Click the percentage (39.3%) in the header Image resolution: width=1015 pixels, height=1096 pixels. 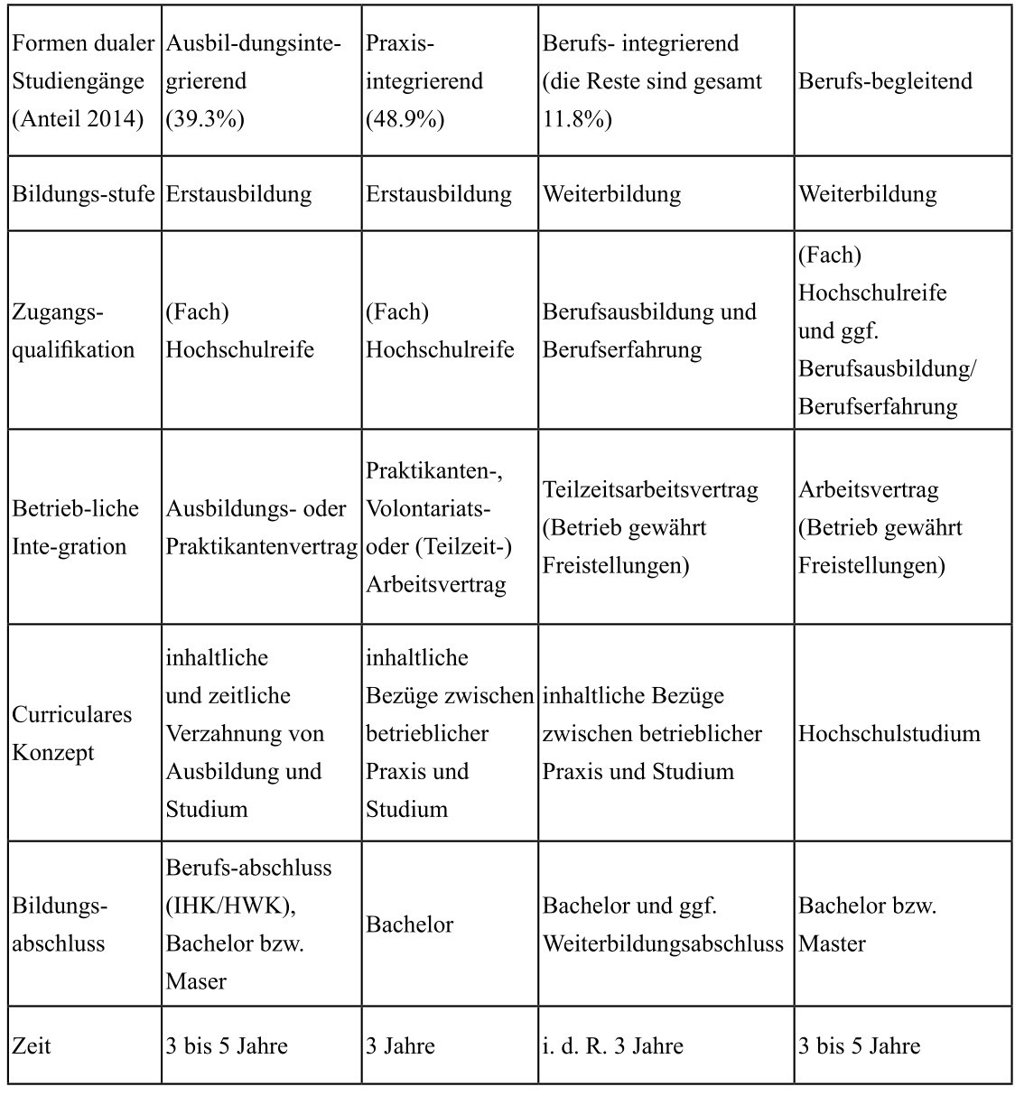205,119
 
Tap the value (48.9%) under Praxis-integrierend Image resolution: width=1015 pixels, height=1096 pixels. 405,119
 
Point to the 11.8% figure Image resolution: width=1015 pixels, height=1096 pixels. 577,119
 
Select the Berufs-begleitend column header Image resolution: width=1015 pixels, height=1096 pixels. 885,81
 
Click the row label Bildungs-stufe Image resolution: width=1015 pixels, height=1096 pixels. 83,194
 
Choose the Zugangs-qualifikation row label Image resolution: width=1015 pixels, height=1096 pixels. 73,331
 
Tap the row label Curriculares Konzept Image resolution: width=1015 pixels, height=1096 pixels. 72,733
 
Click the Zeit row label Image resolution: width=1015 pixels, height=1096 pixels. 32,1046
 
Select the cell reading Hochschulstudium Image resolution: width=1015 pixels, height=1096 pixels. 889,733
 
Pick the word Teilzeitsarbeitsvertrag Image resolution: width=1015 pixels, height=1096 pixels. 650,490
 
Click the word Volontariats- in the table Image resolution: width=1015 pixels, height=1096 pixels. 428,509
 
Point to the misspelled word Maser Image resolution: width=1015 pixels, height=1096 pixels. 196,981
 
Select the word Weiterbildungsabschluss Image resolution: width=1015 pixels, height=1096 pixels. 663,944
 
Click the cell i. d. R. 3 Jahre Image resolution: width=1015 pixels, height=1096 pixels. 612,1046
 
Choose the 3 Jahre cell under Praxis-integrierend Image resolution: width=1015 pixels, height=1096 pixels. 400,1046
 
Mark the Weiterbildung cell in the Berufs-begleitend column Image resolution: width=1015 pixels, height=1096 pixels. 867,194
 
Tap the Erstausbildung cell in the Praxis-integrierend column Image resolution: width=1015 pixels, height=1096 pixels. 438,194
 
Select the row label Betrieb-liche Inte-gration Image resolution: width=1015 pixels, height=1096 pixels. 76,528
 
